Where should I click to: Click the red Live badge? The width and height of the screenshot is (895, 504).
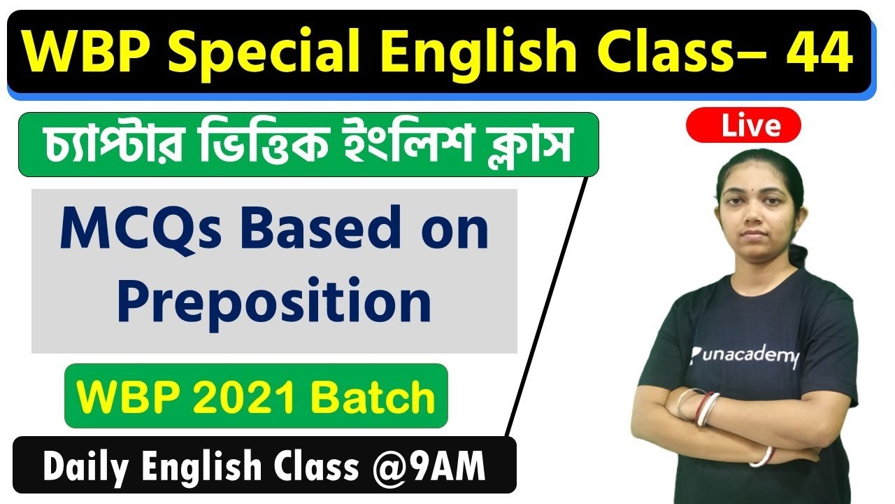(x=743, y=126)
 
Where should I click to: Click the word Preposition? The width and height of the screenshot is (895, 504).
(x=273, y=302)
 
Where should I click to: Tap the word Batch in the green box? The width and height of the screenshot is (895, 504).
(x=373, y=397)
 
